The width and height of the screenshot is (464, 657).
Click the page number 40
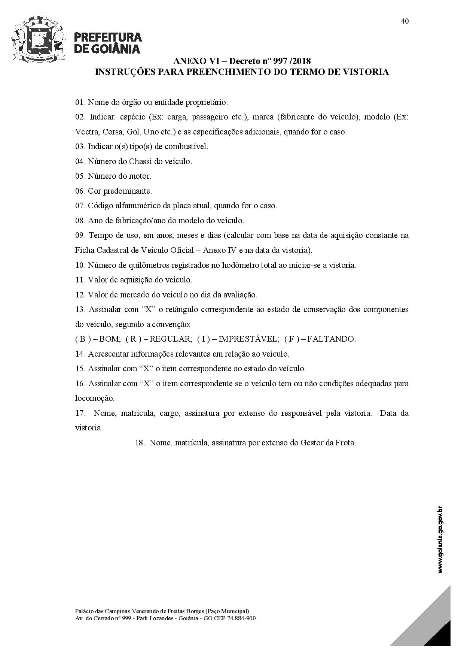[x=405, y=21]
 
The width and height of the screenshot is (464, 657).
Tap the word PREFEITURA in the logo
[x=108, y=37]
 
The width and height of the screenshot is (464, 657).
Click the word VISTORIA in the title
[x=366, y=72]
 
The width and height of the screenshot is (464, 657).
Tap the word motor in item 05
[x=140, y=176]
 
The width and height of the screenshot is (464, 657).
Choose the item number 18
[x=140, y=443]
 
